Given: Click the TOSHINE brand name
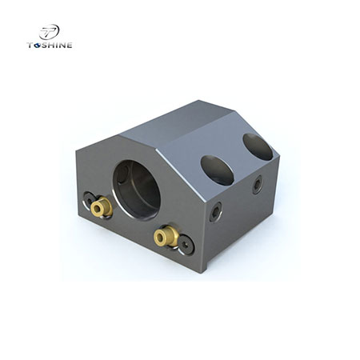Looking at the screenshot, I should click(50, 45).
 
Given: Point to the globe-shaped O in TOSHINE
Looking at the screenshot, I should click(37, 45).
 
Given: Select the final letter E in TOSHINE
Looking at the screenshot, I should click(70, 45).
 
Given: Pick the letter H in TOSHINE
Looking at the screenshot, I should click(52, 45).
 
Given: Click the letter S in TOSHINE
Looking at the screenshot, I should click(45, 45).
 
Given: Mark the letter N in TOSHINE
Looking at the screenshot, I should click(62, 45).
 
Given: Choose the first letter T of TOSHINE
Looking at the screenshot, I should click(30, 45).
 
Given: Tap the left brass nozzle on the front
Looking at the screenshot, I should click(99, 209).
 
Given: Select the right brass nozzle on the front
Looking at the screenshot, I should click(166, 235).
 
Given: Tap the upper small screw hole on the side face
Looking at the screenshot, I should click(256, 185).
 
